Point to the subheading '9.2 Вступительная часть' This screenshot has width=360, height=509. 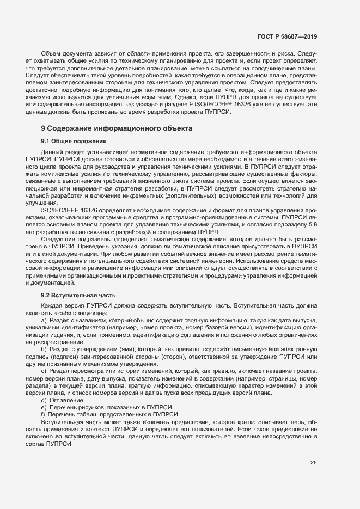74,294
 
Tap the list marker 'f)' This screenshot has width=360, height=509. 43,414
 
